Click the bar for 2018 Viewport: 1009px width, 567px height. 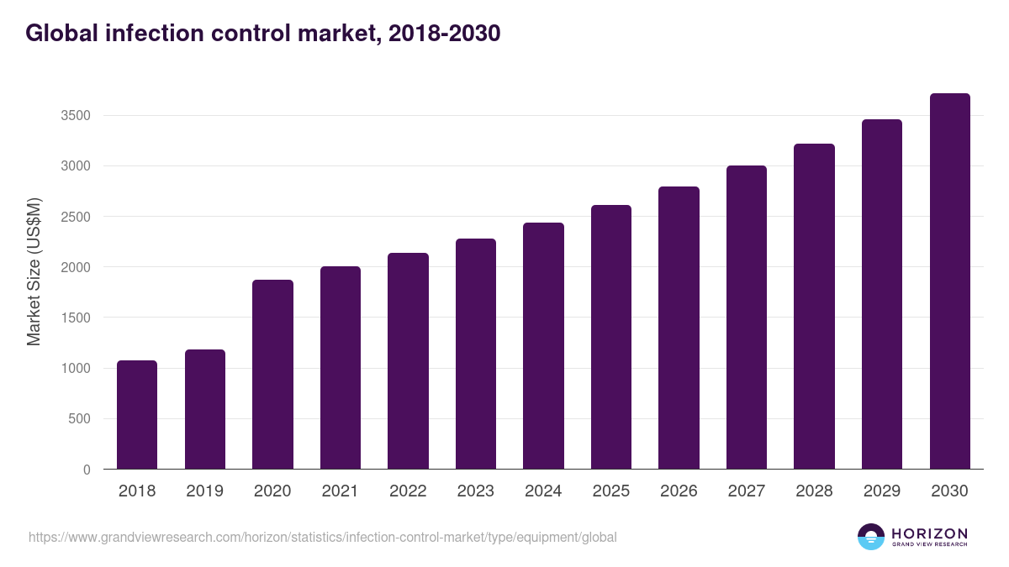[137, 415]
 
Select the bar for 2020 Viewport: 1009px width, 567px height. [272, 375]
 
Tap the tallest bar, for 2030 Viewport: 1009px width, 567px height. [949, 281]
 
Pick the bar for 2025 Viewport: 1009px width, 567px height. [611, 337]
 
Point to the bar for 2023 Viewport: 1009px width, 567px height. [476, 354]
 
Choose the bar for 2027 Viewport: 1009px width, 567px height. [747, 318]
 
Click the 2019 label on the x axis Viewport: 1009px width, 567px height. [204, 491]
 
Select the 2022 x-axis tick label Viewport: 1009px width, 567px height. [408, 491]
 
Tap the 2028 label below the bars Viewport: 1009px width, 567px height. [814, 491]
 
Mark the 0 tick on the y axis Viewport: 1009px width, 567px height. [87, 470]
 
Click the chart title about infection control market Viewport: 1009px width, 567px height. [263, 34]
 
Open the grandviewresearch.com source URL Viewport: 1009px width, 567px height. [323, 537]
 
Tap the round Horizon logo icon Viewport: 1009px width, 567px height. [871, 537]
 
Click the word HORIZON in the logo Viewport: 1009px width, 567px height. [930, 533]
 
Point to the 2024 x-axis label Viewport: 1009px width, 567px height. [543, 491]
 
